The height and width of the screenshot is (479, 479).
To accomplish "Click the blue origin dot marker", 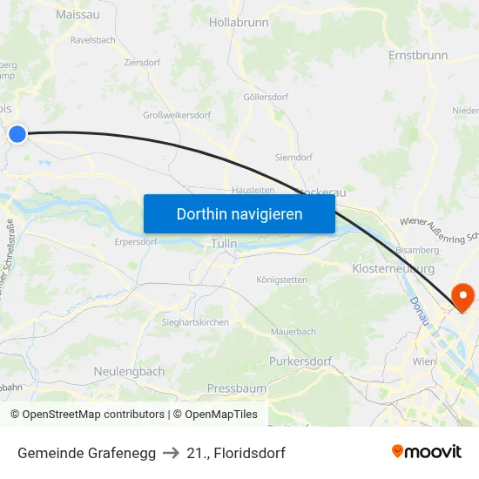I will [17, 133].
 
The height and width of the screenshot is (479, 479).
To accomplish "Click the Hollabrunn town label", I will [239, 23].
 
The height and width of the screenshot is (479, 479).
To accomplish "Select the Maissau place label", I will [77, 15].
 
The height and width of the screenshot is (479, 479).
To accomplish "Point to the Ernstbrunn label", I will [417, 55].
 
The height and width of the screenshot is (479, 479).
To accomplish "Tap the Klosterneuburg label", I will [393, 269].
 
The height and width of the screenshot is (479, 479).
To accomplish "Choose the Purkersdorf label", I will [300, 361].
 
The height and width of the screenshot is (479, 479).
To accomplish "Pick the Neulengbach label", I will [129, 371].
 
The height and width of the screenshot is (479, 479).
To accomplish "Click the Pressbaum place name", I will [237, 387].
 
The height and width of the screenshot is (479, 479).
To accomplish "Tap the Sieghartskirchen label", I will [195, 322].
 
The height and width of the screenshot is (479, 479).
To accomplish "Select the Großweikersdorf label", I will [177, 115].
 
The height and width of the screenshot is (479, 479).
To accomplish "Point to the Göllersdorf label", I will [266, 97].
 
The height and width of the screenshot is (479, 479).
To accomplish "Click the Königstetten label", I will [282, 280].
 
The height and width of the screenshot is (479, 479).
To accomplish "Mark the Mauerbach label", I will [293, 332].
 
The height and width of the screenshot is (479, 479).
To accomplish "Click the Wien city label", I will [423, 361].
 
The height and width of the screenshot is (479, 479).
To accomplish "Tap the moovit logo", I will [426, 451].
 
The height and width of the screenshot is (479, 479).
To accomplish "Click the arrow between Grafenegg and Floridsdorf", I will [172, 453].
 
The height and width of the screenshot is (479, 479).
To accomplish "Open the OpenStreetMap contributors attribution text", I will [93, 415].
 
